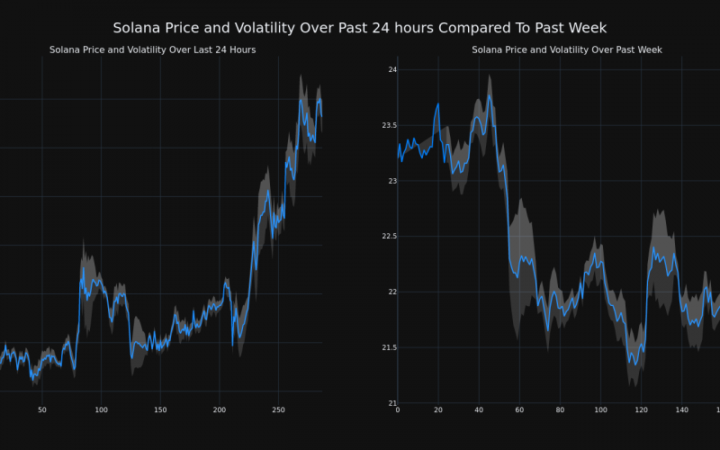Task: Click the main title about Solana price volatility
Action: (x=360, y=28)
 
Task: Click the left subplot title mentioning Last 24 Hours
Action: (x=152, y=49)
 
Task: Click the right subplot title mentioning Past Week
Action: (x=567, y=49)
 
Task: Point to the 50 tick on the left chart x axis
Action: (x=42, y=410)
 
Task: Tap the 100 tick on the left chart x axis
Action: (x=101, y=410)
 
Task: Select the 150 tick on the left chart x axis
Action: (x=160, y=410)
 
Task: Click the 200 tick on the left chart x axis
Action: (x=220, y=410)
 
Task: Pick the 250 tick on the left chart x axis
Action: (x=278, y=410)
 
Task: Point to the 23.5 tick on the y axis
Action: (x=383, y=125)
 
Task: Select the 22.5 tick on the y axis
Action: (x=383, y=236)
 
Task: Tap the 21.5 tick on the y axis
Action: (x=383, y=347)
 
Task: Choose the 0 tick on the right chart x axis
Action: (x=398, y=410)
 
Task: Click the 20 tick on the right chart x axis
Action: (x=438, y=410)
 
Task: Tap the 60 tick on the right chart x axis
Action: (x=519, y=410)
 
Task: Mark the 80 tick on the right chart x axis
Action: (x=560, y=410)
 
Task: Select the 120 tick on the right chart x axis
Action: (x=641, y=410)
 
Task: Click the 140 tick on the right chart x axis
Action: (x=681, y=410)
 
